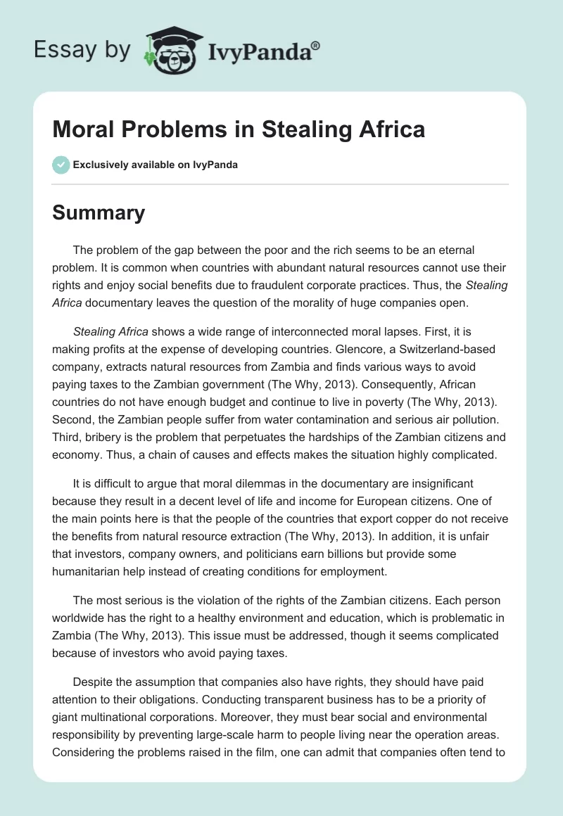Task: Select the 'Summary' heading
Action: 99,212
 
